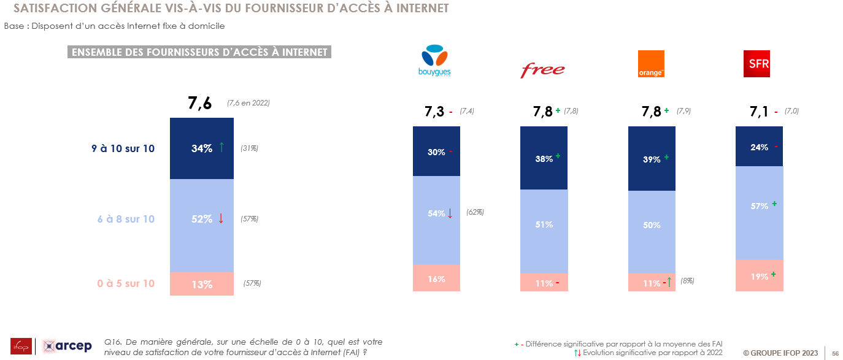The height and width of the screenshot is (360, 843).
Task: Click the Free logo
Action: (542, 69)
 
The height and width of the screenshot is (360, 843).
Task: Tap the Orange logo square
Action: (651, 64)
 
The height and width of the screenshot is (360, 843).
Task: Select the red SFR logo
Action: (756, 64)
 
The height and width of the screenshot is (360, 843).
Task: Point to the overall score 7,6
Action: (199, 103)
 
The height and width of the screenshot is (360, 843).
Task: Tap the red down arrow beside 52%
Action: (221, 218)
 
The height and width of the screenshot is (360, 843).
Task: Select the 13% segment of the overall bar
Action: (202, 284)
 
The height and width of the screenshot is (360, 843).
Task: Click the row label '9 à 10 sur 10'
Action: (123, 148)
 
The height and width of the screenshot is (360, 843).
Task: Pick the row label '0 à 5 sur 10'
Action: (126, 283)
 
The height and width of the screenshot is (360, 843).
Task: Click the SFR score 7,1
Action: (758, 112)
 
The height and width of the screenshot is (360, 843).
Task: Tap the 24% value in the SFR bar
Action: (759, 147)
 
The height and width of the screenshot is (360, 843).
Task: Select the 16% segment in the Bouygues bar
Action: (436, 278)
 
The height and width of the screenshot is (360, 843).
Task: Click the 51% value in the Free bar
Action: (544, 224)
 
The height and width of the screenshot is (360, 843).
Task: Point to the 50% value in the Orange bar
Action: (652, 225)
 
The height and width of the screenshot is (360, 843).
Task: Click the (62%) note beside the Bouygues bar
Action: (475, 212)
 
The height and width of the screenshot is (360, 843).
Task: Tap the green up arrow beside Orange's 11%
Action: (669, 282)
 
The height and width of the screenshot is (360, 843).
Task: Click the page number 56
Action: (835, 353)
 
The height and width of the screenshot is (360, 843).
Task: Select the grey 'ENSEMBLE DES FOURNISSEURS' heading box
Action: (199, 52)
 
